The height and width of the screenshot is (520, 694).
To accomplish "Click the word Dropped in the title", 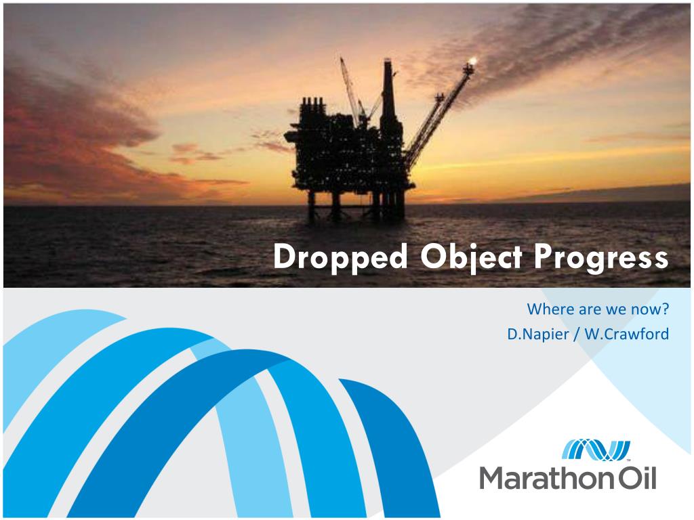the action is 340,257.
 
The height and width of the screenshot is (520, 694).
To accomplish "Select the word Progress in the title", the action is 601,258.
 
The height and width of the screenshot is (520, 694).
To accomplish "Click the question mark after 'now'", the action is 664,309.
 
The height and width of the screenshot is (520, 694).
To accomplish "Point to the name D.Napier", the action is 537,334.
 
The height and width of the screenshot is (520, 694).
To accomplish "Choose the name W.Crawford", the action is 627,334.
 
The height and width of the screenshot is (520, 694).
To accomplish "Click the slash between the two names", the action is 576,334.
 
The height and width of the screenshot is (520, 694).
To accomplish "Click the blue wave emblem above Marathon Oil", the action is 596,450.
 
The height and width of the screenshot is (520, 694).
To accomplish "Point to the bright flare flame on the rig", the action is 472,60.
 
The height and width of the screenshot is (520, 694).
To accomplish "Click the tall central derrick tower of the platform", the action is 388,95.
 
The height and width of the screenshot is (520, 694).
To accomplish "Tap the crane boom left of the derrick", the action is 350,89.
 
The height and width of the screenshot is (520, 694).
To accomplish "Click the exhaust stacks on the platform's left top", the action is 312,106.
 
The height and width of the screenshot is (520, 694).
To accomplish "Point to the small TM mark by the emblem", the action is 628,460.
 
